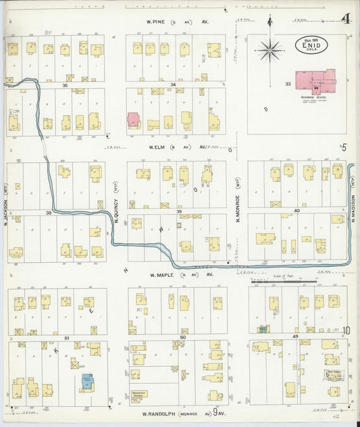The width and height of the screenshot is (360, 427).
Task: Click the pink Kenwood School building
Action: coord(317,80)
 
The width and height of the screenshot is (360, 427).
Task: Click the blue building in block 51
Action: coord(86,382)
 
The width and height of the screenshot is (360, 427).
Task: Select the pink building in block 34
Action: coord(134,120)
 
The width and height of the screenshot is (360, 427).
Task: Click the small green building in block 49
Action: coord(263,329)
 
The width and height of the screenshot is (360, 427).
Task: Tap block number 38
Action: coord(49,214)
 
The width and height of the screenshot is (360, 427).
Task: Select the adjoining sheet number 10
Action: coord(346,330)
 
